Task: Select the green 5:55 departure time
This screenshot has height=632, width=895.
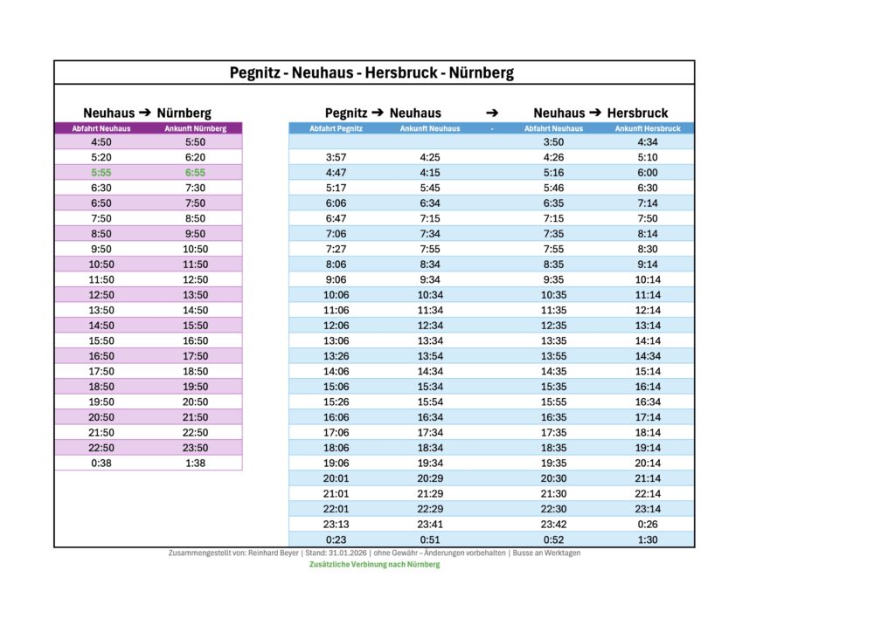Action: coord(101,173)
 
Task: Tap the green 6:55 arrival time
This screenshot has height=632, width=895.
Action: coord(195,173)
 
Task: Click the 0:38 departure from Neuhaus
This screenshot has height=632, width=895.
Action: coord(101,464)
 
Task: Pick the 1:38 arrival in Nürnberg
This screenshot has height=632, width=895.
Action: coord(195,464)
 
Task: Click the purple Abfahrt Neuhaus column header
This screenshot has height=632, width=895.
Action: coord(101,128)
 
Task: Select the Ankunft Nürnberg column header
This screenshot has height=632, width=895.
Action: coord(195,128)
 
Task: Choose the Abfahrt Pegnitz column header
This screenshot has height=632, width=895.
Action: coord(336,128)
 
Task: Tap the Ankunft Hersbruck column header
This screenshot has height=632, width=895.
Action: coord(648,128)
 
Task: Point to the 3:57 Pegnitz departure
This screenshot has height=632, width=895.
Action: coord(336,158)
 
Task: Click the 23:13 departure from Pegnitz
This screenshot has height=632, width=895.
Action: coord(336,525)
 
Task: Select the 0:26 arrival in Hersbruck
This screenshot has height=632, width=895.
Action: coord(648,525)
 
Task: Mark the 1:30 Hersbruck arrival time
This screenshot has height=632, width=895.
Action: coord(648,540)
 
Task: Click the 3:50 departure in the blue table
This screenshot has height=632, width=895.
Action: coord(553,142)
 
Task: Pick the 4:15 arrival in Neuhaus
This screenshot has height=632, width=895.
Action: coord(430,173)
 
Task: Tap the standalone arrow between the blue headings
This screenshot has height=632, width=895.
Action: coord(492,113)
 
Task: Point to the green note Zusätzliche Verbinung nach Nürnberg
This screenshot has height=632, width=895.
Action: coord(374,565)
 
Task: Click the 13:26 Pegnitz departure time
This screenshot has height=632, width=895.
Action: coord(336,356)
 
